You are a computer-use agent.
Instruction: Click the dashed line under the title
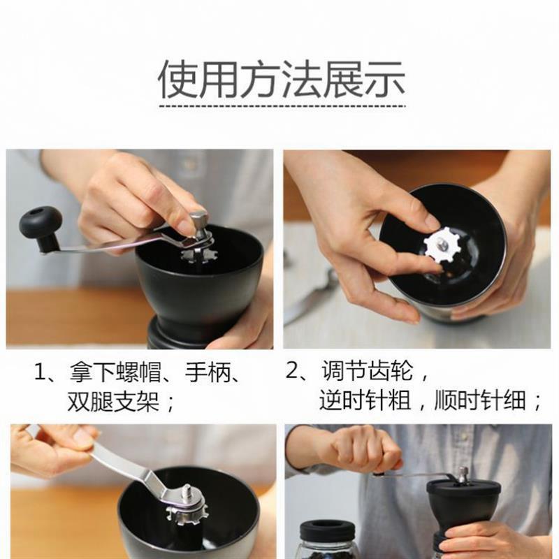pyautogui.click(x=282, y=106)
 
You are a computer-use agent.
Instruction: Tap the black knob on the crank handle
pyautogui.click(x=40, y=222)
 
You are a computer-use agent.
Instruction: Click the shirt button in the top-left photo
pyautogui.click(x=188, y=165)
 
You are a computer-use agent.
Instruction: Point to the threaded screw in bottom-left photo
pyautogui.click(x=187, y=492)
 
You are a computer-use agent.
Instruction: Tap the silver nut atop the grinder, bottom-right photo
pyautogui.click(x=462, y=474)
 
